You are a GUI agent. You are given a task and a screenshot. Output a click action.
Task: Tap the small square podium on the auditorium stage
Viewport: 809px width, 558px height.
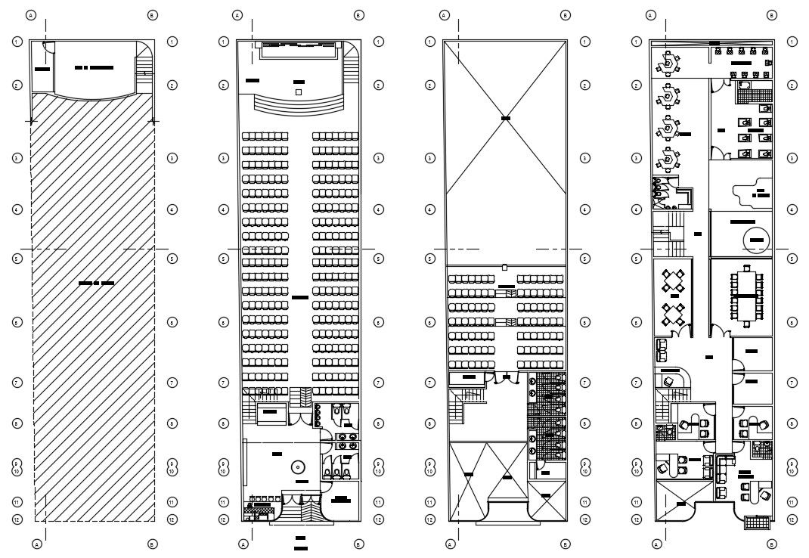click(299, 91)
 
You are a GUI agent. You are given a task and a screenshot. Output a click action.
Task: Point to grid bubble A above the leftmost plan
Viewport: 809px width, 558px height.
click(31, 14)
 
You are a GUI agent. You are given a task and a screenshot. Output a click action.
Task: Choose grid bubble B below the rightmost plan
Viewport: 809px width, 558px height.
click(770, 544)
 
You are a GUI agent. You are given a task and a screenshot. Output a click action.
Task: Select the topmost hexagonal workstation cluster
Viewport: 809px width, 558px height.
click(668, 65)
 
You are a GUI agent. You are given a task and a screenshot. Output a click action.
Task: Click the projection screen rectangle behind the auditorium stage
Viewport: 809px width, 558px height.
click(298, 50)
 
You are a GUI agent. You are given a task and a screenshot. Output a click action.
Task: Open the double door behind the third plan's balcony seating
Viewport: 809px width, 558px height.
click(505, 378)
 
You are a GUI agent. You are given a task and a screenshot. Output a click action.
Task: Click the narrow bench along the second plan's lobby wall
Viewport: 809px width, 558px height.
click(244, 465)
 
